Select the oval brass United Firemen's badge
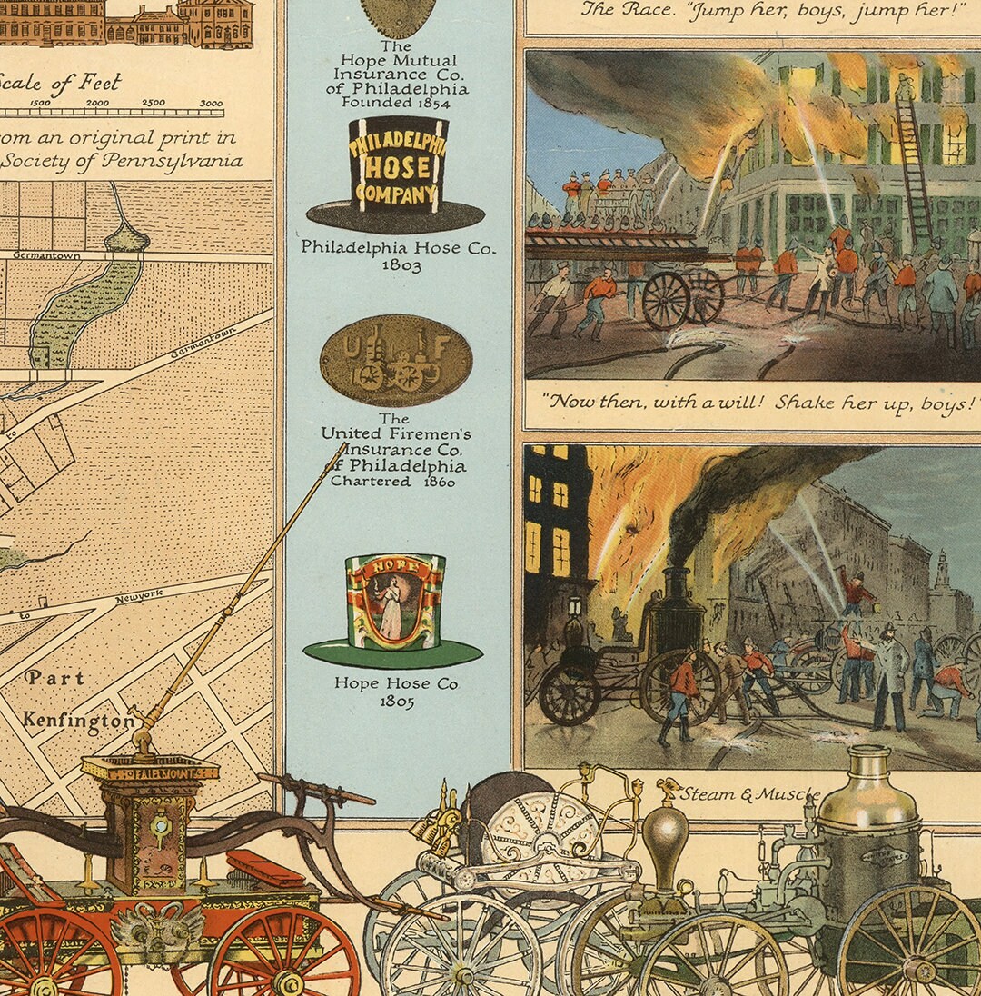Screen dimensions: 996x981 [396, 360]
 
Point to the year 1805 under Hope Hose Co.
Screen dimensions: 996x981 [397, 702]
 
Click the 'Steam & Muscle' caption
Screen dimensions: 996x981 [748, 795]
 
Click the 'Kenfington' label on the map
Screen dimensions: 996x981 [79, 720]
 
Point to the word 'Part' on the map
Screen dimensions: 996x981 [54, 678]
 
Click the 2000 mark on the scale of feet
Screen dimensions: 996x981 [97, 103]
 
